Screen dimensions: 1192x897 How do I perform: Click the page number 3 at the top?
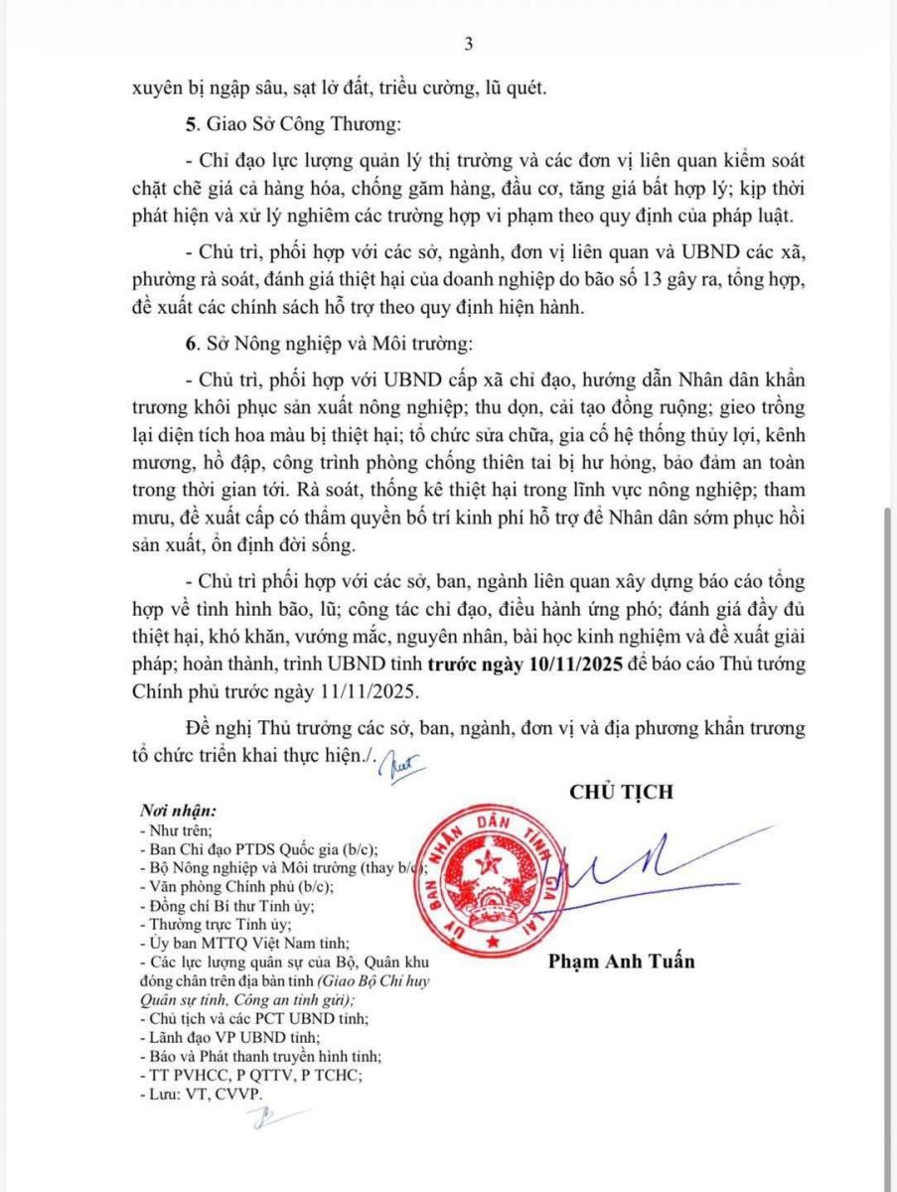tap(467, 45)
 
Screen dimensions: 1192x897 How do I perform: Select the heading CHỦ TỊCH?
tap(621, 792)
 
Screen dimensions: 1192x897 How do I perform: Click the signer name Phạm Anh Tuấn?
tap(621, 961)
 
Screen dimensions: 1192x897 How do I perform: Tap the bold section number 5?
tap(192, 125)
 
